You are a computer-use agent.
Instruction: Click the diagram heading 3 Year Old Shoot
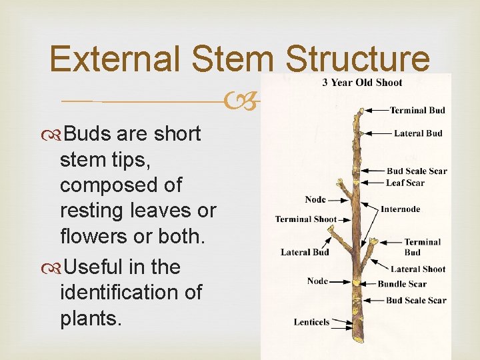(x=362, y=83)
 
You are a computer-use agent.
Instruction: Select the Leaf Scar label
(x=405, y=183)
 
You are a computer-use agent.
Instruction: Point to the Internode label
(x=400, y=209)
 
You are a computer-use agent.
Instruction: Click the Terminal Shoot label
(x=305, y=219)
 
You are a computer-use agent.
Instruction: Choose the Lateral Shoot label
(x=417, y=269)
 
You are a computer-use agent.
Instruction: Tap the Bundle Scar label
(x=402, y=284)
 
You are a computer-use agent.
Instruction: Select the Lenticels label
(x=311, y=323)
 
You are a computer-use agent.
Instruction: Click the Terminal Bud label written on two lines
(x=422, y=247)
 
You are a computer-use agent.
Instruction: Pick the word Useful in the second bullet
(x=93, y=267)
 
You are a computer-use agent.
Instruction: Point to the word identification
(x=131, y=293)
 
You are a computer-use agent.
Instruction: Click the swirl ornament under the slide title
(x=238, y=102)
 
